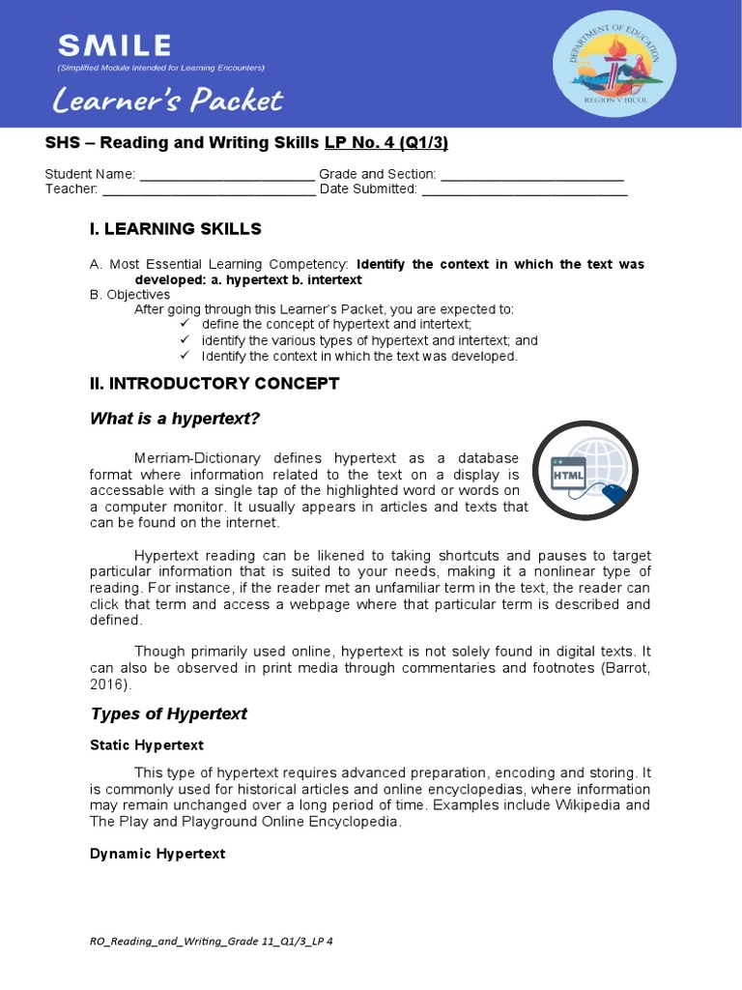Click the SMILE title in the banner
(x=114, y=44)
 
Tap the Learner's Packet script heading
(x=168, y=100)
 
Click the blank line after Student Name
(x=227, y=175)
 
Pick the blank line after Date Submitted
(x=524, y=189)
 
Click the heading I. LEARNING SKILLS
(x=175, y=229)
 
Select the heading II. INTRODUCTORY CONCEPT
(x=214, y=384)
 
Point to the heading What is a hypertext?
(x=175, y=419)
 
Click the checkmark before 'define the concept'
(x=185, y=323)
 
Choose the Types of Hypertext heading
(x=168, y=714)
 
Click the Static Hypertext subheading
(x=146, y=745)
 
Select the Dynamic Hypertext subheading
(x=157, y=854)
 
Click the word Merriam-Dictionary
(x=198, y=457)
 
